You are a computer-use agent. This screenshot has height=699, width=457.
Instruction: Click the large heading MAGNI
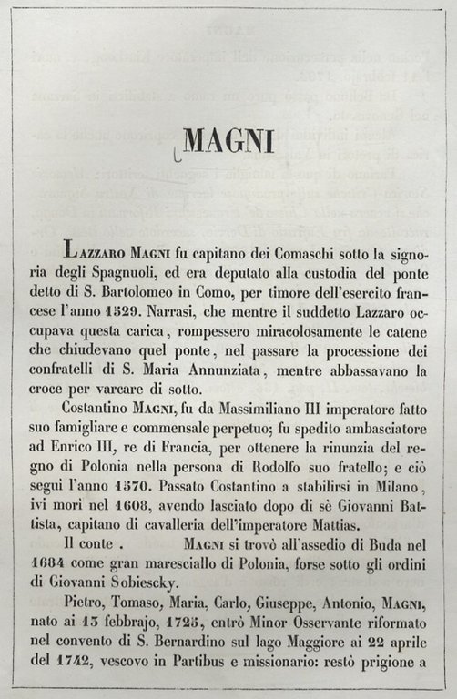point(226,142)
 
